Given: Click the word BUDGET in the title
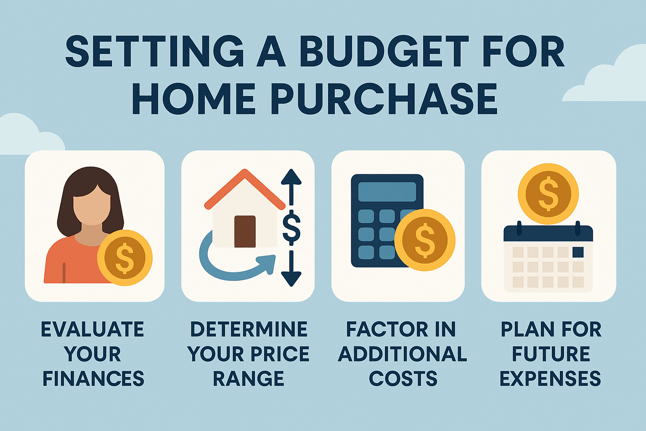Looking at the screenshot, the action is coord(384,52).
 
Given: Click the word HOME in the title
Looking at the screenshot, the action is coord(193,98).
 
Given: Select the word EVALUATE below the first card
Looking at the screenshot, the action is coord(92,329).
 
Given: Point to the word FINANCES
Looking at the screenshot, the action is coord(93,378).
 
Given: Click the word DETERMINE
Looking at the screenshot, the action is coord(249,329).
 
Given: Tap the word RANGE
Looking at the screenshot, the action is coord(249,378).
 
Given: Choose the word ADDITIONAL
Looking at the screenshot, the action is coord(402,354).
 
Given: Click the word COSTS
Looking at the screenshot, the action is coord(403,378).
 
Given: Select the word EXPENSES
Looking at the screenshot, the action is coord(550,378).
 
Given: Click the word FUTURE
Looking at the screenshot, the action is coord(551,354).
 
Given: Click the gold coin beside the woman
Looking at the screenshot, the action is coord(124,258).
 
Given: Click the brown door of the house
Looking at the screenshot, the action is coord(245,231).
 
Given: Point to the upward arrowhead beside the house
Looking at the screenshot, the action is coord(291,177).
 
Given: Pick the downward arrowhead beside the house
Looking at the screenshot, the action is coord(291,279).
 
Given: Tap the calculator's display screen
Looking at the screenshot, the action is coord(387,192).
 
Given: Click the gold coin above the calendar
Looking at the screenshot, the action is coord(548,194).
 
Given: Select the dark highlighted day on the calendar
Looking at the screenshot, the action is coord(578,252).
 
